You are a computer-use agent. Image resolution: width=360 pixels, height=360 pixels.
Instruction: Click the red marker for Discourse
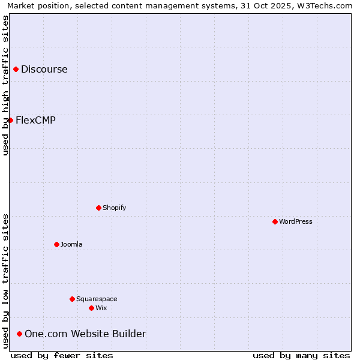pyautogui.click(x=16, y=70)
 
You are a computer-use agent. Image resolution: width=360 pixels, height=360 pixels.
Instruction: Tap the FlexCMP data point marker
pyautogui.click(x=10, y=120)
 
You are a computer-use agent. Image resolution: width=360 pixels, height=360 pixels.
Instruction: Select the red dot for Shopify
pyautogui.click(x=98, y=208)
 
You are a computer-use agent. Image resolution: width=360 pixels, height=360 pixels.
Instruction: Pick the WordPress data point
pyautogui.click(x=275, y=221)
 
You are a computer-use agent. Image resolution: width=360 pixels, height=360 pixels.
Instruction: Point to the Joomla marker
pyautogui.click(x=56, y=244)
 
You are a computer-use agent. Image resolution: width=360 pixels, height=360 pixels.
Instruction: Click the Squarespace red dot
pyautogui.click(x=72, y=299)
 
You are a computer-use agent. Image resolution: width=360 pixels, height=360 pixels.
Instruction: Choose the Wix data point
pyautogui.click(x=91, y=308)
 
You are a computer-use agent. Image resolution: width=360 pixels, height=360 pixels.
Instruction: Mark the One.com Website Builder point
pyautogui.click(x=19, y=334)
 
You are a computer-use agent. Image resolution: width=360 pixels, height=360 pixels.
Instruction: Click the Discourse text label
pyautogui.click(x=44, y=70)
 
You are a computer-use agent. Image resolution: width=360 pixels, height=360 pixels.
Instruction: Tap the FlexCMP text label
pyautogui.click(x=35, y=120)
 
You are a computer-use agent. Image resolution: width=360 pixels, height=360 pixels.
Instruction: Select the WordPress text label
pyautogui.click(x=296, y=221)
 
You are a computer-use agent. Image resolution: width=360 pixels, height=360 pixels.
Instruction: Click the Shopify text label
pyautogui.click(x=115, y=208)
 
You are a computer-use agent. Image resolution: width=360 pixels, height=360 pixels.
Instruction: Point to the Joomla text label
pyautogui.click(x=71, y=244)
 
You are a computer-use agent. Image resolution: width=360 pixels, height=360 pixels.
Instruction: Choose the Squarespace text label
pyautogui.click(x=97, y=299)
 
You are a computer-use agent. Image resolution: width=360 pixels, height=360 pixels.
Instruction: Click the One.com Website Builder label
pyautogui.click(x=85, y=334)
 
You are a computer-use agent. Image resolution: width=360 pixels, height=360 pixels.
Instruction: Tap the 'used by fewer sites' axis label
pyautogui.click(x=62, y=355)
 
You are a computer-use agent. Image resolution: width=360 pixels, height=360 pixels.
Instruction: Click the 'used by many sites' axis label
pyautogui.click(x=301, y=355)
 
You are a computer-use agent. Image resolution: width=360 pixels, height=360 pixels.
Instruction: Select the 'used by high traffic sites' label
pyautogui.click(x=5, y=85)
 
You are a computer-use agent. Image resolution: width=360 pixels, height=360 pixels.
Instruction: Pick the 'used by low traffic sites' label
pyautogui.click(x=5, y=280)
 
